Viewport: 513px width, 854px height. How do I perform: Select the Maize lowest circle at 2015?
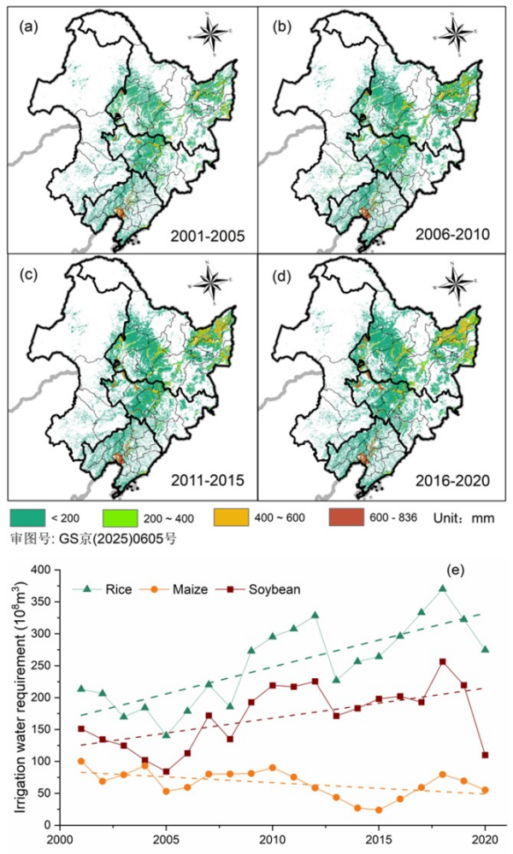[x=379, y=810]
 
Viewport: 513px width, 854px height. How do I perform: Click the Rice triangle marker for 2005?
[x=167, y=734]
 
